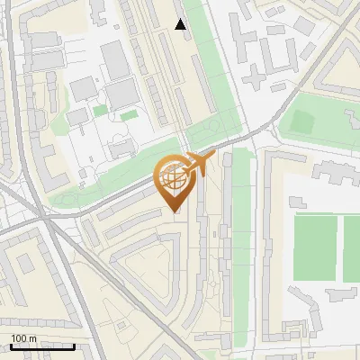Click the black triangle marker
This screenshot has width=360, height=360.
(181, 24)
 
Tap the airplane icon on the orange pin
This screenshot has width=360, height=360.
(199, 164)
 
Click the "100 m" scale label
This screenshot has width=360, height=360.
(23, 338)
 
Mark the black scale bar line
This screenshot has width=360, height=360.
(42, 346)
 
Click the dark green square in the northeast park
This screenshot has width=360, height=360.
(300, 121)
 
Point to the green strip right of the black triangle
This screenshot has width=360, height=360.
(202, 54)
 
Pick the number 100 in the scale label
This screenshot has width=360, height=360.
(19, 338)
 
